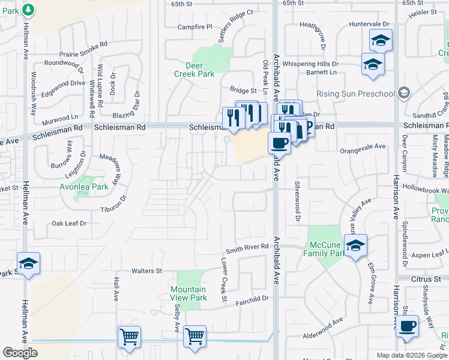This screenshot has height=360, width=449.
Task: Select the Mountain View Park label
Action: tap(188, 293)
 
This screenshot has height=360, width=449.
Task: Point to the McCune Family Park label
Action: tap(325, 250)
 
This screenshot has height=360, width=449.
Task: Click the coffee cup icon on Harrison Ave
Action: tap(408, 326)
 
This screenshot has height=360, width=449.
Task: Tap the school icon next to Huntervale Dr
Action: tap(381, 40)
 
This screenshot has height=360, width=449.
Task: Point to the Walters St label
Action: tap(147, 271)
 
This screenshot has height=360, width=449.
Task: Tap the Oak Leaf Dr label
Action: tap(70, 223)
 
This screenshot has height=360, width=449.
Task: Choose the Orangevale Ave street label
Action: tap(363, 146)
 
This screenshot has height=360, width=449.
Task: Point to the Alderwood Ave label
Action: tap(322, 337)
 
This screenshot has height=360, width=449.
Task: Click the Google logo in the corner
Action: tap(20, 353)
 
